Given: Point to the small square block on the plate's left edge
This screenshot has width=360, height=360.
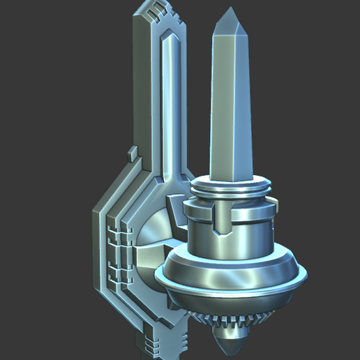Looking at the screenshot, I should pyautogui.click(x=131, y=151).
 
